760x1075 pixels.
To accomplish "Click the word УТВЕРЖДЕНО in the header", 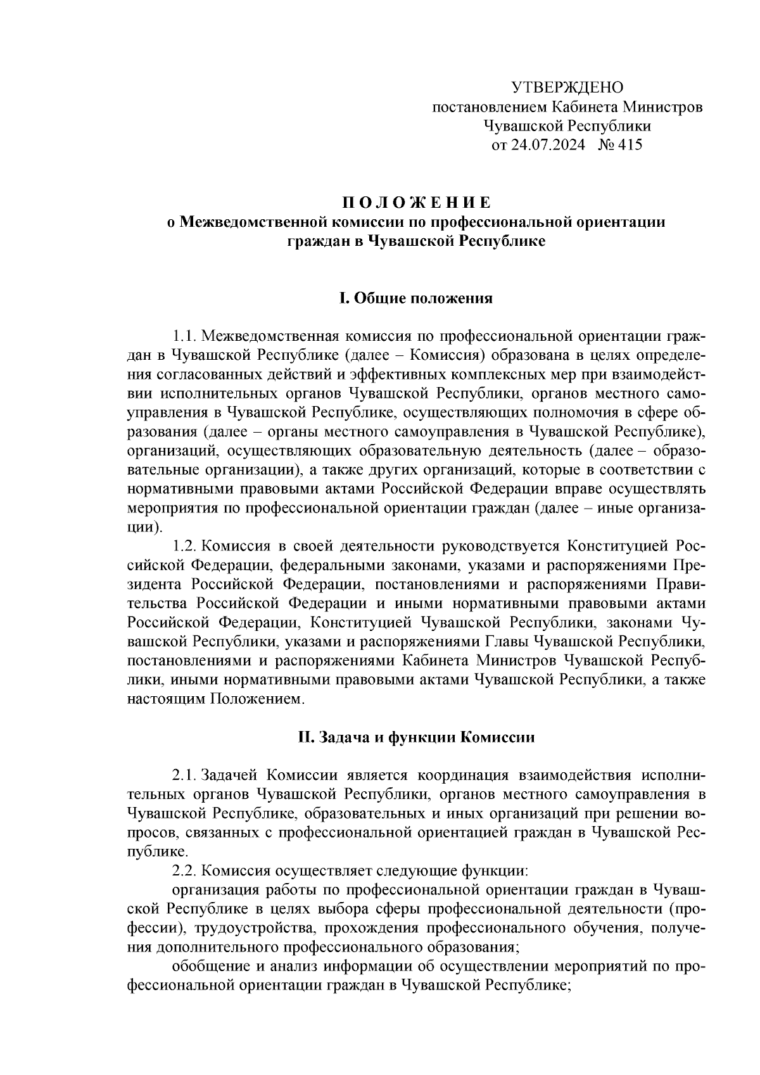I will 567,87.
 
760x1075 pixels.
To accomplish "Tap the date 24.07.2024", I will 548,145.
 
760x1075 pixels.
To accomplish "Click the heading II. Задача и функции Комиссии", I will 416,737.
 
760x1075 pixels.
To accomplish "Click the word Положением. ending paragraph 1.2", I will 257,699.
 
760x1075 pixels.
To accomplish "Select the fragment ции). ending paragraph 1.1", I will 145,526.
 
